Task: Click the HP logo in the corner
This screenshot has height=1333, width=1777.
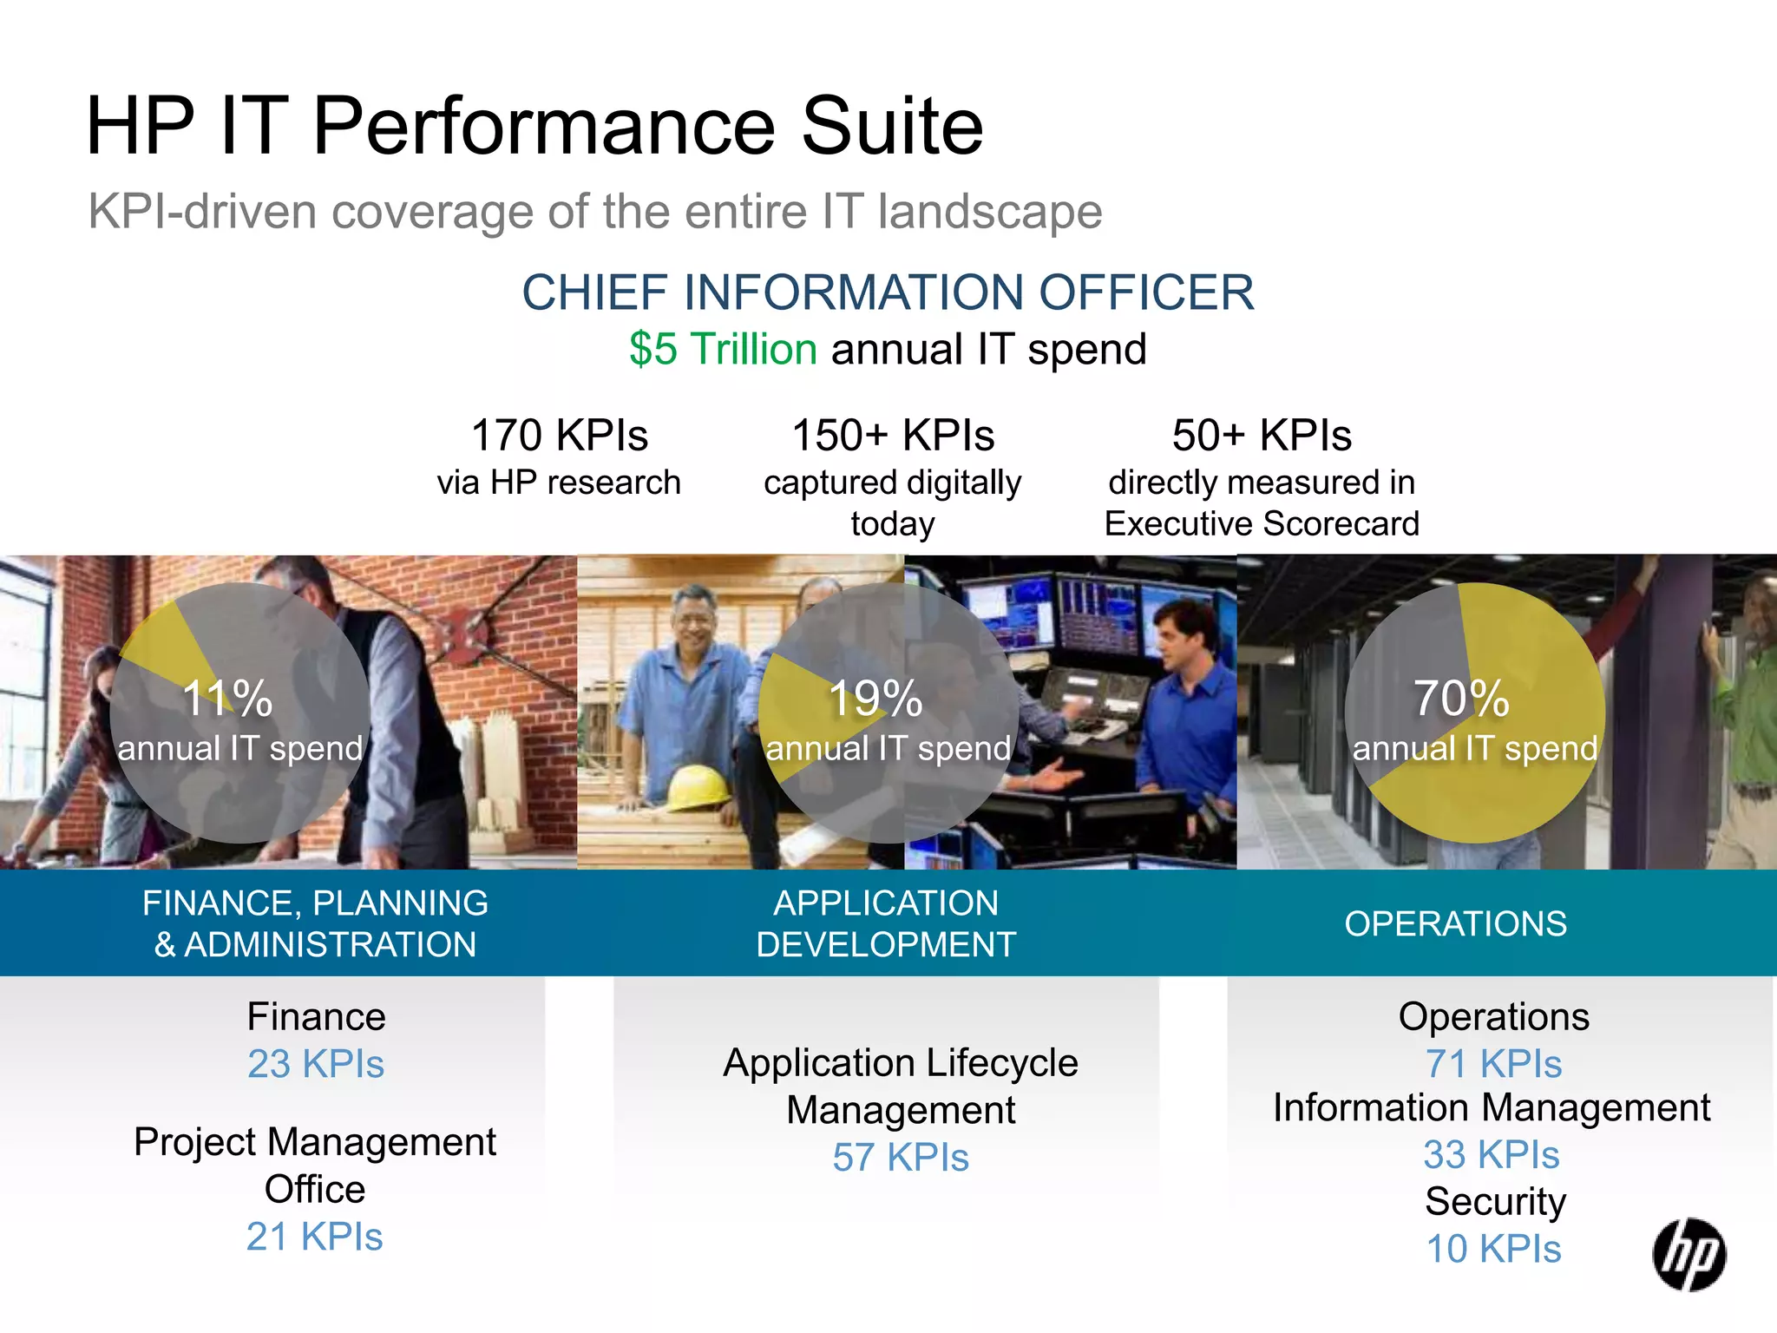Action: (x=1688, y=1254)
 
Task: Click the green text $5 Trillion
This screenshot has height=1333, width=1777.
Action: (x=723, y=349)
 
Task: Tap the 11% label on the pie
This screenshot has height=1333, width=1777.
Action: (x=227, y=698)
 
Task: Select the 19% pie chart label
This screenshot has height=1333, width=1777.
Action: (x=875, y=698)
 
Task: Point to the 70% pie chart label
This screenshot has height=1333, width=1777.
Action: (x=1461, y=698)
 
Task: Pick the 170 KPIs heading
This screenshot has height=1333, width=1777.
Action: (x=559, y=435)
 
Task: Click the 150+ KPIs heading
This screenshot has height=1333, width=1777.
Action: (x=893, y=435)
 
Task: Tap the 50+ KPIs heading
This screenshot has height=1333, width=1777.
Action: (x=1262, y=435)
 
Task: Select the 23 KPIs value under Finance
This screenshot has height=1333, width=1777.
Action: (x=316, y=1064)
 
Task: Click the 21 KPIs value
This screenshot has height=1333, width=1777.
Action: (x=314, y=1237)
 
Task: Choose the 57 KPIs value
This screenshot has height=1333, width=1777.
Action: (x=901, y=1158)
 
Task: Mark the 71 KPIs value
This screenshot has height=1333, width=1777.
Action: (x=1493, y=1064)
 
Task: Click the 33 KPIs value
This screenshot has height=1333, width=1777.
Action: (x=1492, y=1155)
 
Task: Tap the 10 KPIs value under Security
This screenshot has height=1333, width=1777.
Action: (x=1493, y=1250)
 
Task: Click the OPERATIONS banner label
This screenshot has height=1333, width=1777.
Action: (x=1455, y=923)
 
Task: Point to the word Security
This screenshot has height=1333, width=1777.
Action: (x=1495, y=1202)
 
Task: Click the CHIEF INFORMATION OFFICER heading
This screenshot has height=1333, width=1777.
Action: (x=888, y=292)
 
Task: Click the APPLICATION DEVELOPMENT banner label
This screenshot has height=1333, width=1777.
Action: (x=886, y=923)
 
